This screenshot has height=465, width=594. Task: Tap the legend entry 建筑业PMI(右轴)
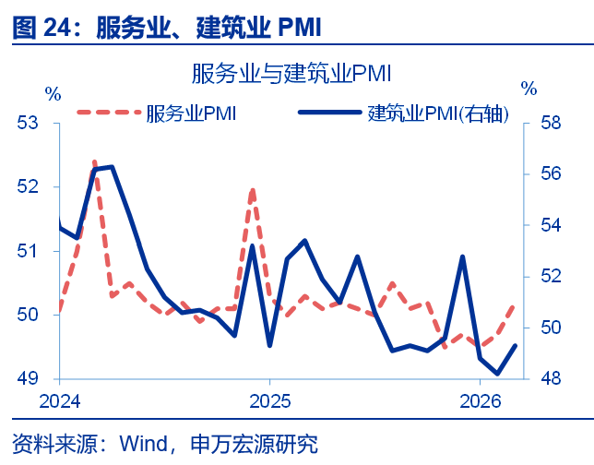click(x=438, y=113)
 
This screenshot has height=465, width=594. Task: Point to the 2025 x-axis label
click(x=268, y=401)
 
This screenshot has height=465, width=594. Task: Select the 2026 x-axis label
click(x=480, y=401)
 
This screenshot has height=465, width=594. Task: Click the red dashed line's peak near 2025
click(x=252, y=189)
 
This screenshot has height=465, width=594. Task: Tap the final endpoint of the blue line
click(x=515, y=345)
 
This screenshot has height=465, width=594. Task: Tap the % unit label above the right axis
click(x=529, y=89)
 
